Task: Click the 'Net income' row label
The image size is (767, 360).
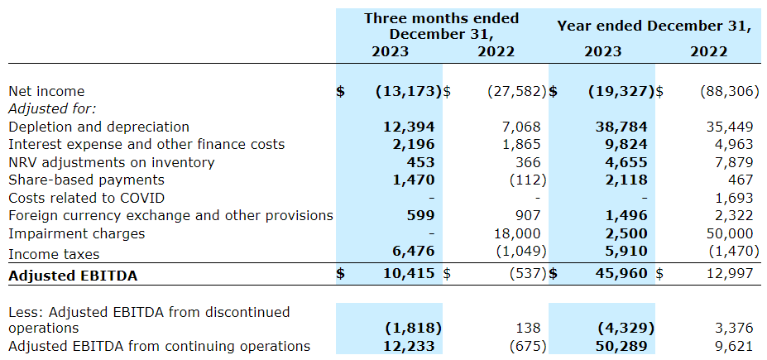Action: click(46, 91)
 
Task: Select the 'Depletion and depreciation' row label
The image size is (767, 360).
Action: click(98, 127)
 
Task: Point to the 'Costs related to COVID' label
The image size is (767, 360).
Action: click(86, 198)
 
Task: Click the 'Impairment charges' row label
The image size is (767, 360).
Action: click(76, 233)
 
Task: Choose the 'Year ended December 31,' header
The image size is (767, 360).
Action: click(654, 26)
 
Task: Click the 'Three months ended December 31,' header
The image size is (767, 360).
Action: click(442, 26)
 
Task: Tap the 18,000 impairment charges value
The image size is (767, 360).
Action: click(517, 233)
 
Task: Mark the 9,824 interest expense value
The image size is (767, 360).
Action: click(626, 144)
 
